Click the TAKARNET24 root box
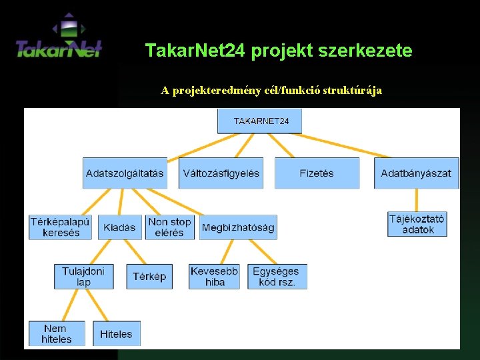coord(259,121)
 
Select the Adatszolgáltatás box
coord(125,173)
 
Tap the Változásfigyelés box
coord(221,173)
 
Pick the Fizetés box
coord(317,173)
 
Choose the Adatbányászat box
coord(416,173)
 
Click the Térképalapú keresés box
coord(61,227)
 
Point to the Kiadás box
coord(119,227)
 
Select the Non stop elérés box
coord(169,227)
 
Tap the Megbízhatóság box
coord(238,227)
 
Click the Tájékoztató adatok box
coord(417,224)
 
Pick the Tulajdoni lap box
coord(83,276)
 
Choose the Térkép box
coord(149,276)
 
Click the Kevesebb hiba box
coord(214,276)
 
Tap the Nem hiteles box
coord(57,333)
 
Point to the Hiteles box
coord(117,333)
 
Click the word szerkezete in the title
coord(369,50)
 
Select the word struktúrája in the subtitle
coord(352,91)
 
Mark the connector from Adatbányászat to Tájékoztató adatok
coord(417,200)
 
